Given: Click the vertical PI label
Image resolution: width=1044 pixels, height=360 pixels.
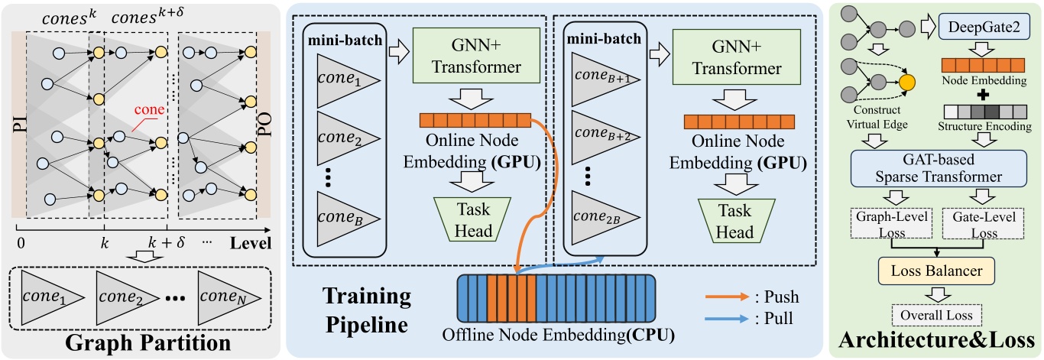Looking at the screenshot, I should [x=15, y=125].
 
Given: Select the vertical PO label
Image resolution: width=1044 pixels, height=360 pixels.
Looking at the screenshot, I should [x=264, y=125].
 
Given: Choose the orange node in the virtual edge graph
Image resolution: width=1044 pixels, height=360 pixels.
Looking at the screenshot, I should [x=906, y=81].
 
